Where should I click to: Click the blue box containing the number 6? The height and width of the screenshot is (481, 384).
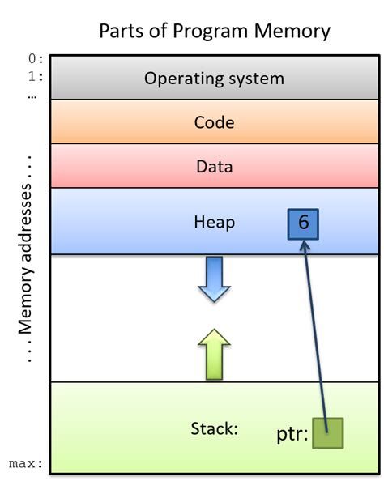pos(303,223)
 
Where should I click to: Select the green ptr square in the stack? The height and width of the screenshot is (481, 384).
pos(327,432)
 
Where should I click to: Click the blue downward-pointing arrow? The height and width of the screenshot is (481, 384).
pos(214,279)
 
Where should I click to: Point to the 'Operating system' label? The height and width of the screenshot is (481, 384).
pos(214,79)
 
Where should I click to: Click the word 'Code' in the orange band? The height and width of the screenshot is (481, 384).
pos(214,123)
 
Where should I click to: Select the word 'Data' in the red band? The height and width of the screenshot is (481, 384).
pos(214,168)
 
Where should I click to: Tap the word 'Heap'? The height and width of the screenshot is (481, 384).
pos(214,222)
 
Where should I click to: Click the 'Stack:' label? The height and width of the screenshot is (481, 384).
pos(214,428)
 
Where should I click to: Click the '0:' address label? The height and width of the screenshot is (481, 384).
pos(36,60)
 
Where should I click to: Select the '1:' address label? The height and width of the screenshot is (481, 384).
pos(36,78)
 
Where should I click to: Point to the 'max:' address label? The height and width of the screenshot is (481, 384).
pos(26,464)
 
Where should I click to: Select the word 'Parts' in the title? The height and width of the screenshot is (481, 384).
pos(122,31)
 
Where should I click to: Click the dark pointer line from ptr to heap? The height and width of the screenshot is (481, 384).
pos(316,332)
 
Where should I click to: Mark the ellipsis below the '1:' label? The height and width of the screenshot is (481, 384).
pos(32,96)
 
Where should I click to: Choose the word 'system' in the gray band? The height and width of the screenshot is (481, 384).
pos(256,79)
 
